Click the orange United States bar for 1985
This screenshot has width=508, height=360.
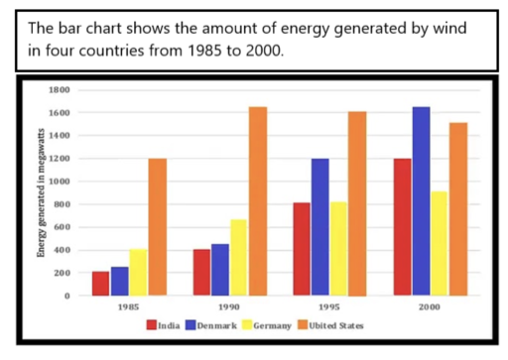(x=158, y=227)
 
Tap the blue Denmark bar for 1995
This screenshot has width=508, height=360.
(x=319, y=227)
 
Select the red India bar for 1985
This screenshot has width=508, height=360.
(x=100, y=283)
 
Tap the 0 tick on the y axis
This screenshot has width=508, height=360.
(x=68, y=296)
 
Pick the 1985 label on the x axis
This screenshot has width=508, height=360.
(x=127, y=308)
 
